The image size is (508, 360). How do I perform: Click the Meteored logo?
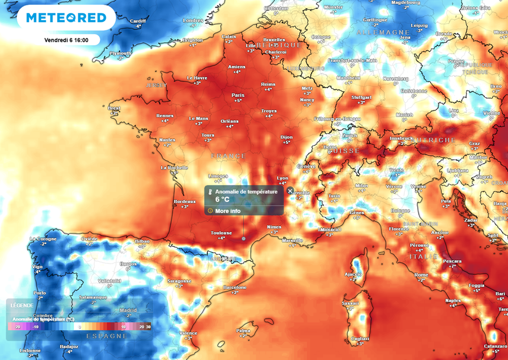pyautogui.click(x=66, y=18)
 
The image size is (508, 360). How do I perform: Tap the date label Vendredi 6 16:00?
pyautogui.click(x=66, y=40)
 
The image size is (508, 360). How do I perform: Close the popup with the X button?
pyautogui.click(x=290, y=191)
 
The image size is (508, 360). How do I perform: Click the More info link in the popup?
pyautogui.click(x=228, y=211)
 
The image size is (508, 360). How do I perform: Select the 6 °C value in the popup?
pyautogui.click(x=222, y=200)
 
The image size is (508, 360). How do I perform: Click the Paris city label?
pyautogui.click(x=238, y=95)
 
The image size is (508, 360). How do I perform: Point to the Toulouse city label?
pyautogui.click(x=221, y=232)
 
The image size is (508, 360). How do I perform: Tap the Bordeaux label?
pyautogui.click(x=184, y=202)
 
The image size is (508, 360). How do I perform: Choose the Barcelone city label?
pyautogui.click(x=235, y=288)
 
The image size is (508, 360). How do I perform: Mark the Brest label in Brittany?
pyautogui.click(x=114, y=108)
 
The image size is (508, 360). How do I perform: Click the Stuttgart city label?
pyautogui.click(x=361, y=97)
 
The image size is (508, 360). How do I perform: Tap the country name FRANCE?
pyautogui.click(x=228, y=156)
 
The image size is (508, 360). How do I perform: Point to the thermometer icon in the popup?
pyautogui.click(x=210, y=191)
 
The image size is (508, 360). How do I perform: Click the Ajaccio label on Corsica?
pyautogui.click(x=353, y=274)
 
